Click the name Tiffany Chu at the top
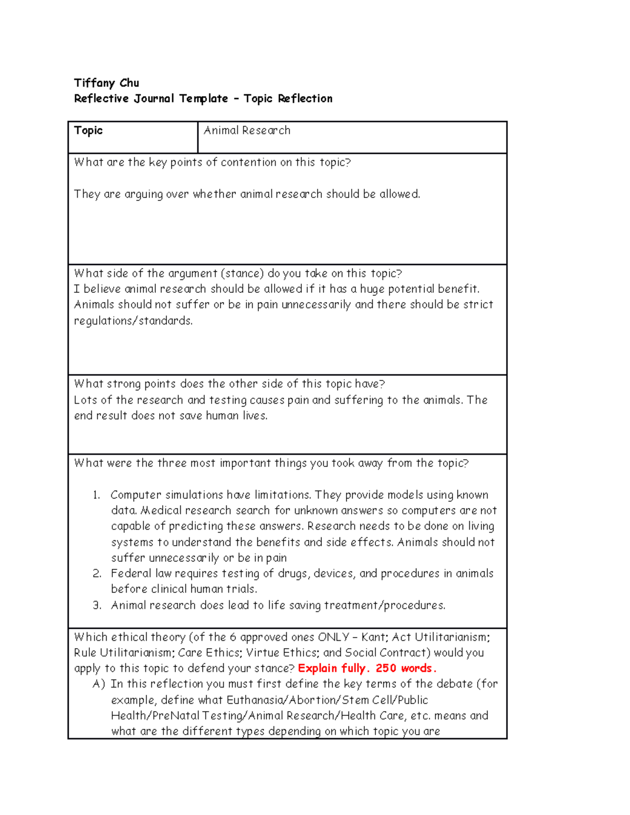(107, 83)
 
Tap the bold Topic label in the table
(88, 131)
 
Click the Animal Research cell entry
(247, 131)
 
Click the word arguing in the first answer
(143, 194)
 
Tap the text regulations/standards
(133, 321)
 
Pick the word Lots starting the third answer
(86, 400)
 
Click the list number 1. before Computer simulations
(96, 495)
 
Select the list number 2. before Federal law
(97, 574)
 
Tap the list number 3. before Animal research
(97, 605)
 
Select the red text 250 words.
(406, 668)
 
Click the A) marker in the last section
(99, 684)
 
